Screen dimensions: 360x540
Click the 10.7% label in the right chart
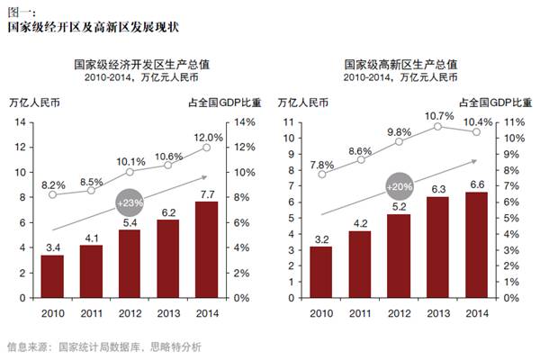click(438, 115)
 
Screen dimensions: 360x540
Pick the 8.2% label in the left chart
click(52, 183)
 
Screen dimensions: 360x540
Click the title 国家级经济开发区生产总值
click(130, 66)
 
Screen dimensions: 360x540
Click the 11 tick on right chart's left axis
click(290, 122)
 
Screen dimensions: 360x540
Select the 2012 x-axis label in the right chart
click(398, 312)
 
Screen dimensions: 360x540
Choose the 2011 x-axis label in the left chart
click(91, 312)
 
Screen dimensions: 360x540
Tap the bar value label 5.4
click(130, 222)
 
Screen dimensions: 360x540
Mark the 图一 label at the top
click(20, 7)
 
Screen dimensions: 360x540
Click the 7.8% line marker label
click(321, 165)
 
